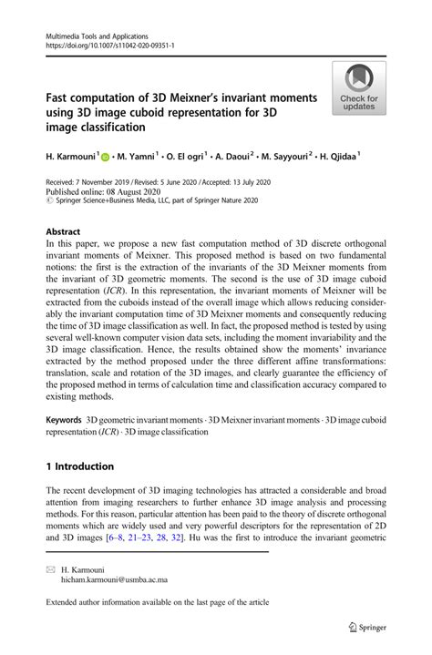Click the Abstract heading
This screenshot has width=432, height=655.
tap(65, 232)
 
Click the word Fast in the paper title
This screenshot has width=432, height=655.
tap(59, 97)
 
